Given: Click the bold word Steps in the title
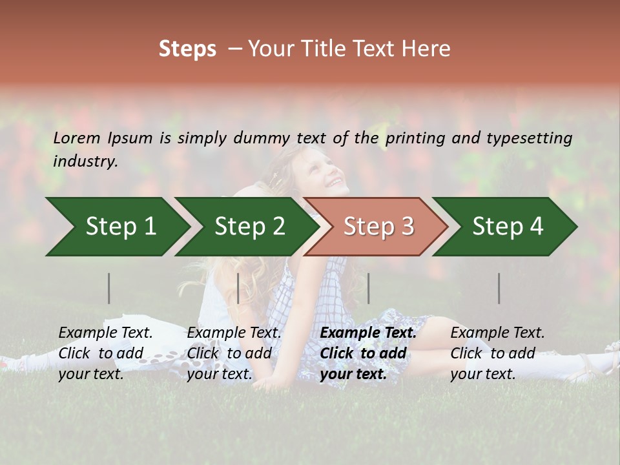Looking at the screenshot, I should pos(187,49).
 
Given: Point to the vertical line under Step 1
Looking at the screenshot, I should pos(109,288).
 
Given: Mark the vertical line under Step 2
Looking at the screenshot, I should pos(238,288).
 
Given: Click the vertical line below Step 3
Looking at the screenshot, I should pos(368,288).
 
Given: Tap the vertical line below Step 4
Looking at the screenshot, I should pos(499,288).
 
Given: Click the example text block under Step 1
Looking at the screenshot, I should pos(105,353).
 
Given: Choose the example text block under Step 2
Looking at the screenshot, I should pos(234,353).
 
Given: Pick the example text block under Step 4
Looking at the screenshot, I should pos(497,353).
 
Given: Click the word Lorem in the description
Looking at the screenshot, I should pos(77,138).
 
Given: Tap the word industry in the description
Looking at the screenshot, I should pos(85,161).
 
